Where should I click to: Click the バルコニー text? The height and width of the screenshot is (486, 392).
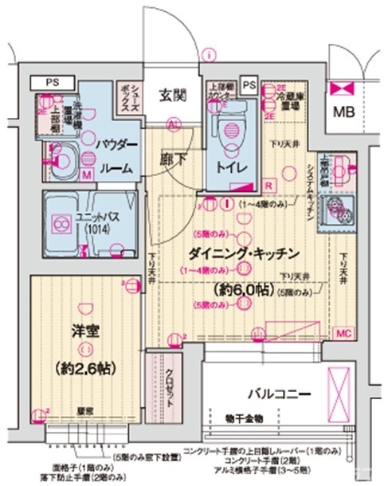coord(277,394)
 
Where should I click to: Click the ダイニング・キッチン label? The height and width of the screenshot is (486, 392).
coord(244,254)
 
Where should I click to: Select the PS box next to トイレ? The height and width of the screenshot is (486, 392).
coord(249,84)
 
